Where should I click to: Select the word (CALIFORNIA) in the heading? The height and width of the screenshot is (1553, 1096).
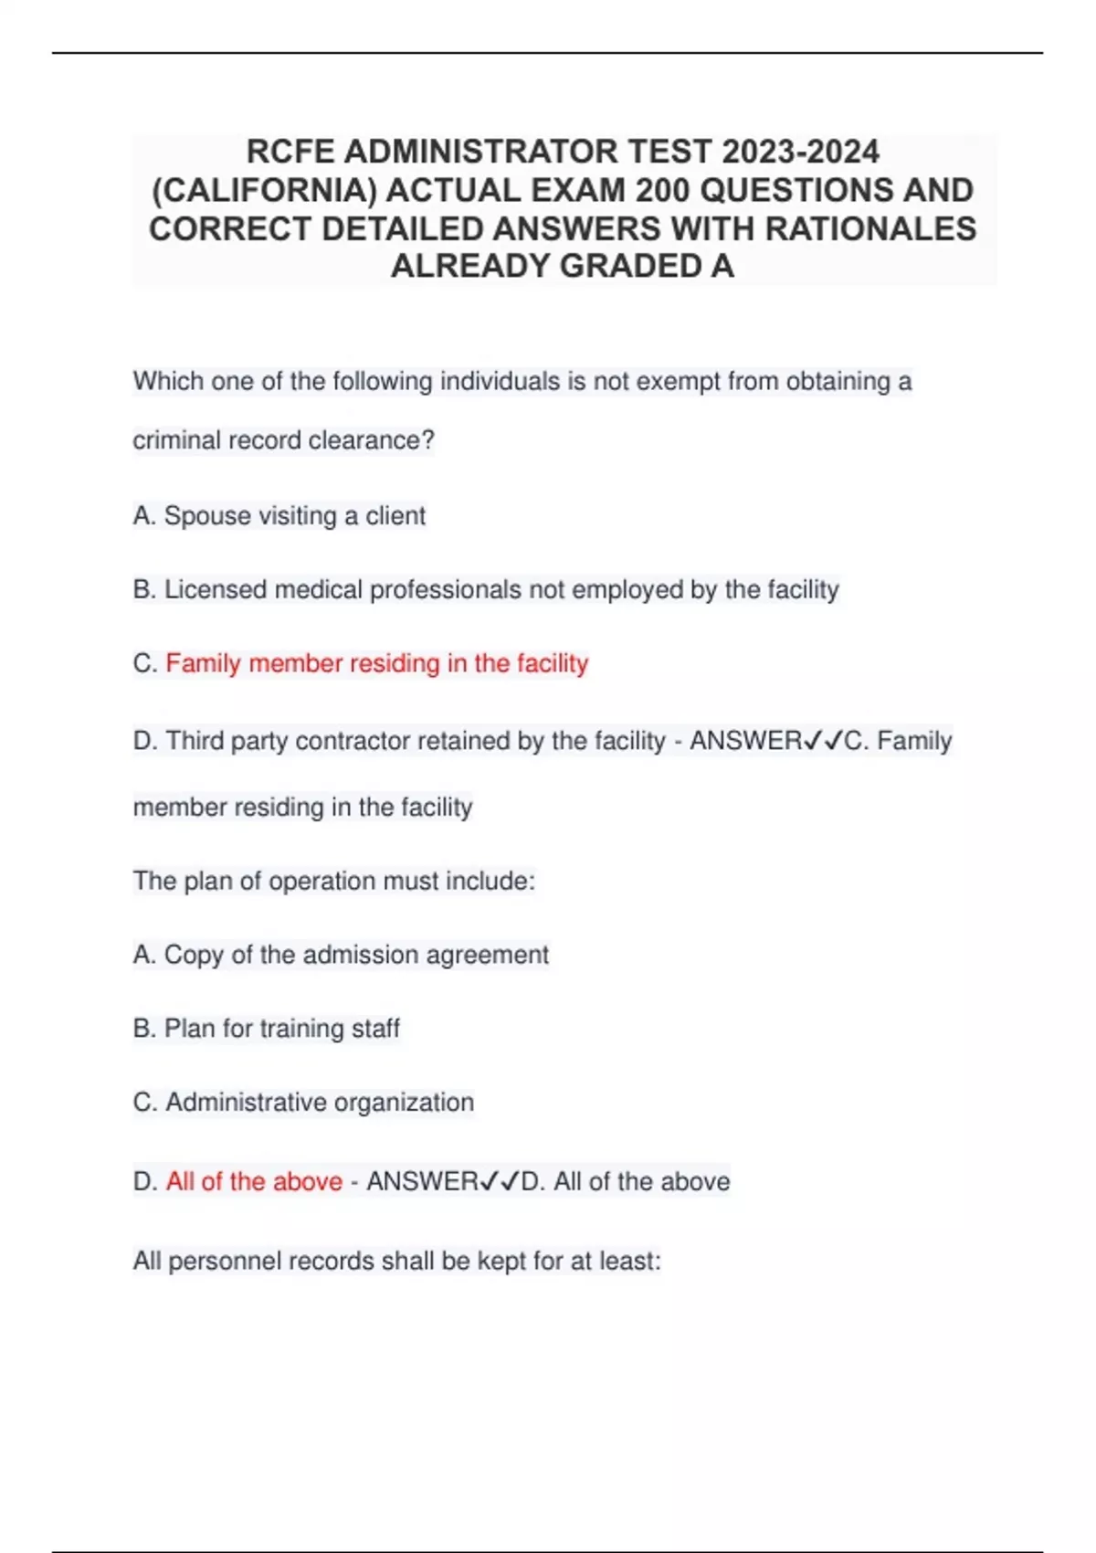tap(264, 190)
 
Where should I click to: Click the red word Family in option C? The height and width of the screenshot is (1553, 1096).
tap(203, 663)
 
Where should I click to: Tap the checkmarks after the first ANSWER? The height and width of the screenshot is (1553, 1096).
tap(823, 741)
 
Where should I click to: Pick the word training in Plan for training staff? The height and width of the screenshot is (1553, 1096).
tap(301, 1029)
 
